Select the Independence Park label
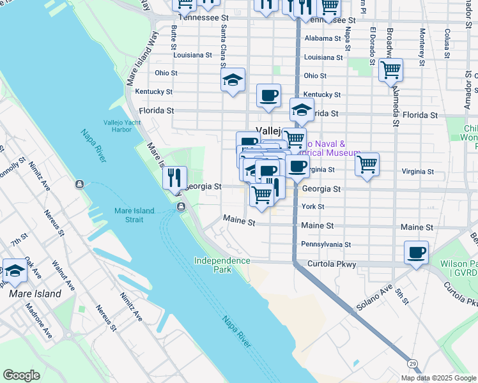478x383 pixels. [x=222, y=265]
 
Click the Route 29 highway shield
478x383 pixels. [x=413, y=363]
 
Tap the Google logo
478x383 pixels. [x=21, y=375]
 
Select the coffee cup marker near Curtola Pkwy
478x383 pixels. [x=416, y=253]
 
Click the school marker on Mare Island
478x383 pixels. [x=15, y=271]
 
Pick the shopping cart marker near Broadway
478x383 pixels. [x=390, y=70]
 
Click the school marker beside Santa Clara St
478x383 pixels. [x=233, y=80]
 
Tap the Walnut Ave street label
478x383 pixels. [x=63, y=274]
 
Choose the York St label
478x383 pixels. [x=313, y=207]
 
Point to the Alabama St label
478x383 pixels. [x=323, y=38]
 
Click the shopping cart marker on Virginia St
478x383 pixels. [x=367, y=165]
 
